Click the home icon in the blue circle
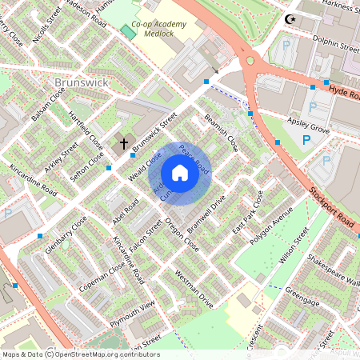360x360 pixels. coord(180,173)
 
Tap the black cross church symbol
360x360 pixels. coord(124,144)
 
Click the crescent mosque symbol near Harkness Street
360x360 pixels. coord(289,19)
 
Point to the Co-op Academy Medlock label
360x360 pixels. coord(158,30)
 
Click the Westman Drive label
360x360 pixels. coord(193,290)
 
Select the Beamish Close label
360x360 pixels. coord(221,131)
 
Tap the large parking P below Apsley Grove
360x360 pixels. coord(306,141)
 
